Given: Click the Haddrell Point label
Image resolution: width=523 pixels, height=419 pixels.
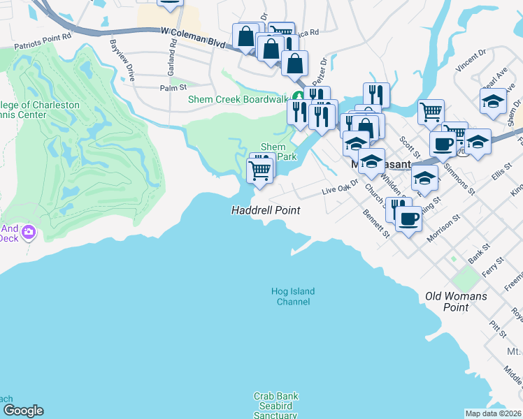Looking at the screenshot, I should click(266, 210).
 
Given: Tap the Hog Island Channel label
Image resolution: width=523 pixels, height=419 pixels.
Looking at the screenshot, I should click(294, 297).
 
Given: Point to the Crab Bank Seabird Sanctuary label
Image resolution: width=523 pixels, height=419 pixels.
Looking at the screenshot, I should click(275, 406).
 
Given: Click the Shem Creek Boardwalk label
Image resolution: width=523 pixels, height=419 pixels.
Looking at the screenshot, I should click(238, 99).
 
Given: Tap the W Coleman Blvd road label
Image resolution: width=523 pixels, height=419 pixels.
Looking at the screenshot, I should click(193, 32).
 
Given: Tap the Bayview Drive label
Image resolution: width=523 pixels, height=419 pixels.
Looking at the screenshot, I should click(120, 59).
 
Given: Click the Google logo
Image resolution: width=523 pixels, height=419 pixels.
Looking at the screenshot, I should click(22, 411).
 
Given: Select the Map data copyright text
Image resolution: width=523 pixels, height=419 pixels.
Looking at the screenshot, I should click(493, 413).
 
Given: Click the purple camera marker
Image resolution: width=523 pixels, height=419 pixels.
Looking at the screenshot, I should click(29, 231).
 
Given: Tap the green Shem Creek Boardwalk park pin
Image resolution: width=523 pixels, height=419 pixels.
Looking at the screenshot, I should click(298, 97).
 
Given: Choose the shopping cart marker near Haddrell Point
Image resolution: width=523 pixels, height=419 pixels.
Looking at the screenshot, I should click(259, 169).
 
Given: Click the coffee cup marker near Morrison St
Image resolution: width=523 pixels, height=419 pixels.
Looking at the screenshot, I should click(408, 218).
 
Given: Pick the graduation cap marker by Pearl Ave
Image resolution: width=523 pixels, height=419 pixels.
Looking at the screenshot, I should click(493, 101).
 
